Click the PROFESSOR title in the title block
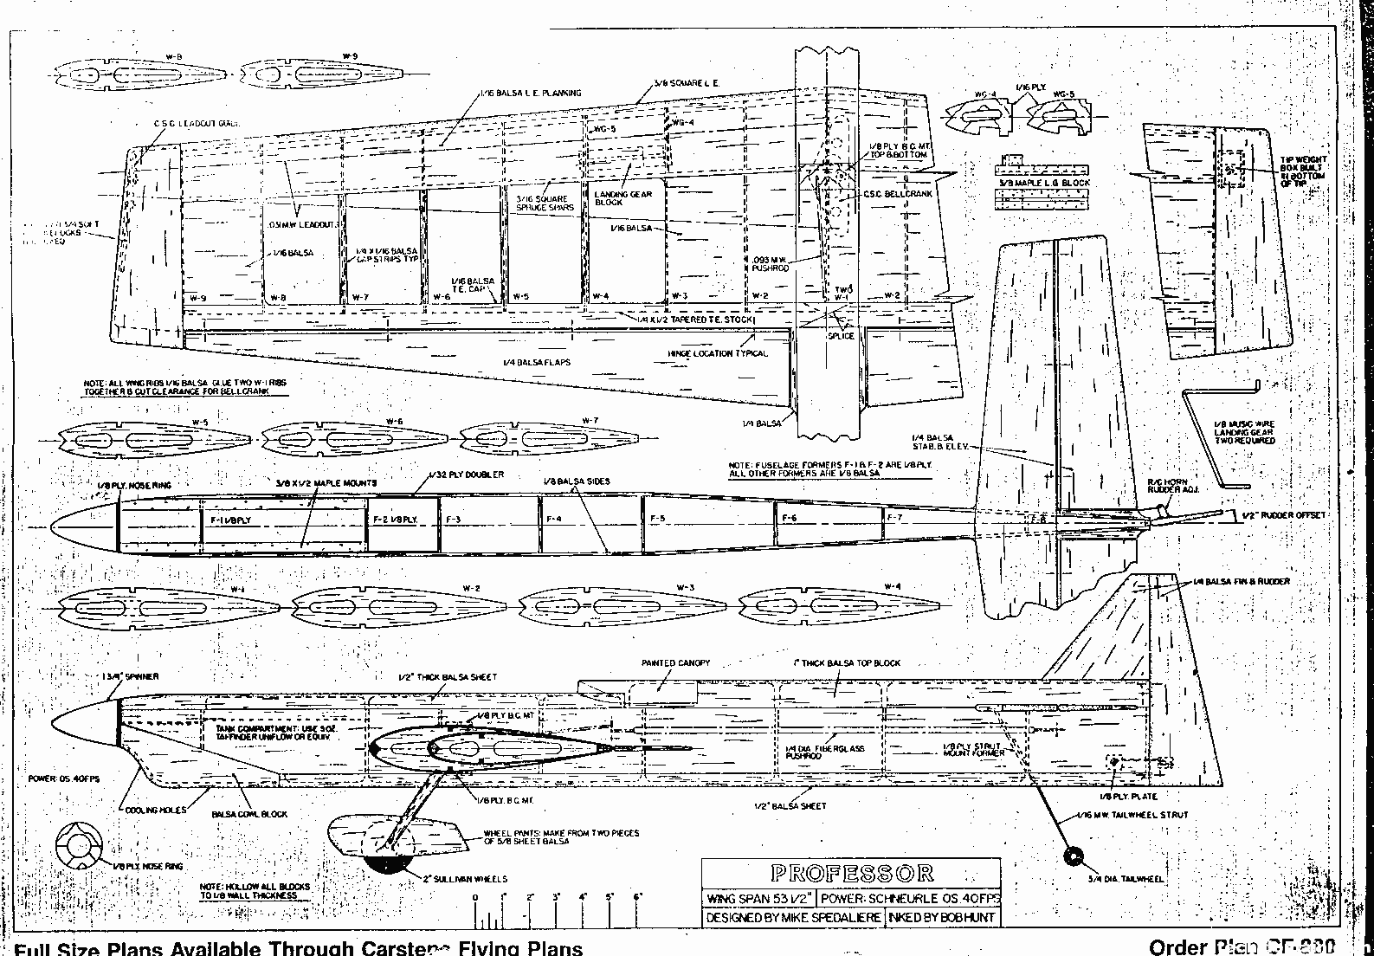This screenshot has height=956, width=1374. point(851,873)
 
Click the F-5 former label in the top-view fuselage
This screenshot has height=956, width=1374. point(657,519)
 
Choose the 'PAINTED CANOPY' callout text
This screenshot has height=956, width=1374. point(675,663)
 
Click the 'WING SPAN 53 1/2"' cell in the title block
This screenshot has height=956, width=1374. point(758,899)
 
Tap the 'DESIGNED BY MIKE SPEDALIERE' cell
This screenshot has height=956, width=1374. point(793,917)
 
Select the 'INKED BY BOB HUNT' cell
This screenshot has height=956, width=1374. point(942,917)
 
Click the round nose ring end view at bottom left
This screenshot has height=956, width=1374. point(79,846)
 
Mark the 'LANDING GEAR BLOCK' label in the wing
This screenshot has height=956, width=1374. point(622,198)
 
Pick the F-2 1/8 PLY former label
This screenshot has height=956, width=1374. point(395,520)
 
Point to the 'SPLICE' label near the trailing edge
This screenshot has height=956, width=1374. point(841,336)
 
